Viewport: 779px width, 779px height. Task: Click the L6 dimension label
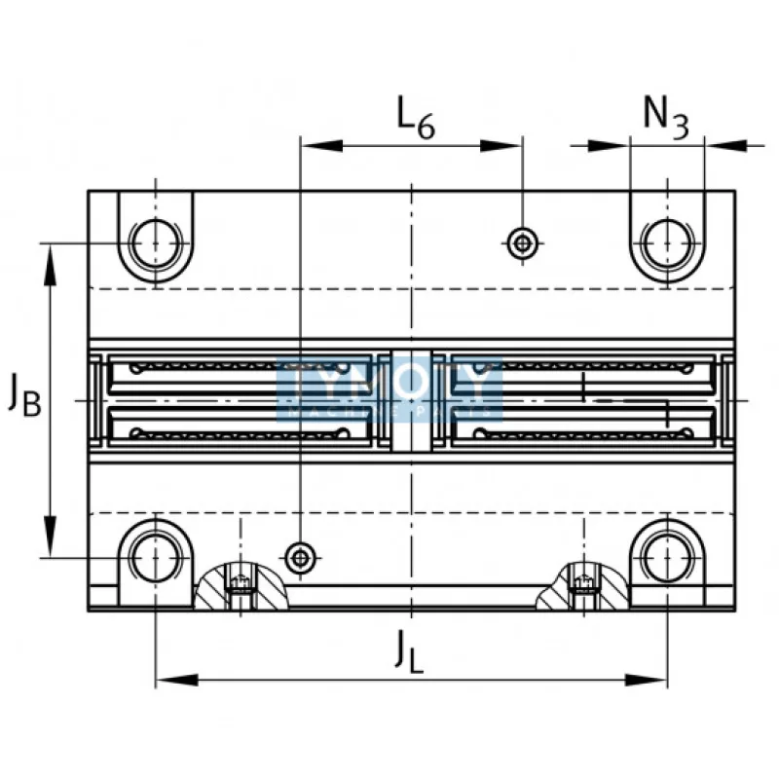click(415, 117)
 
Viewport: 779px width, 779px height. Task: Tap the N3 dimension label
click(666, 117)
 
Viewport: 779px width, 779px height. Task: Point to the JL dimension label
click(410, 650)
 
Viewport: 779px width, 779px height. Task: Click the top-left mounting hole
click(156, 241)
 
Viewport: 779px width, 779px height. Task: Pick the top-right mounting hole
click(667, 241)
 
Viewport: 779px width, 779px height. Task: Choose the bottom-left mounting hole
click(156, 556)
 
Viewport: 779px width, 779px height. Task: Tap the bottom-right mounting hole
click(667, 556)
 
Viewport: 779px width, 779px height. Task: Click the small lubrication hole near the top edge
click(523, 241)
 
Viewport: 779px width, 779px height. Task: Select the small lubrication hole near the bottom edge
click(301, 556)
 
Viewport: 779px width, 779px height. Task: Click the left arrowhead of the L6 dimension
click(316, 146)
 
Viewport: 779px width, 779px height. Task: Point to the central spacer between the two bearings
click(410, 399)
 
